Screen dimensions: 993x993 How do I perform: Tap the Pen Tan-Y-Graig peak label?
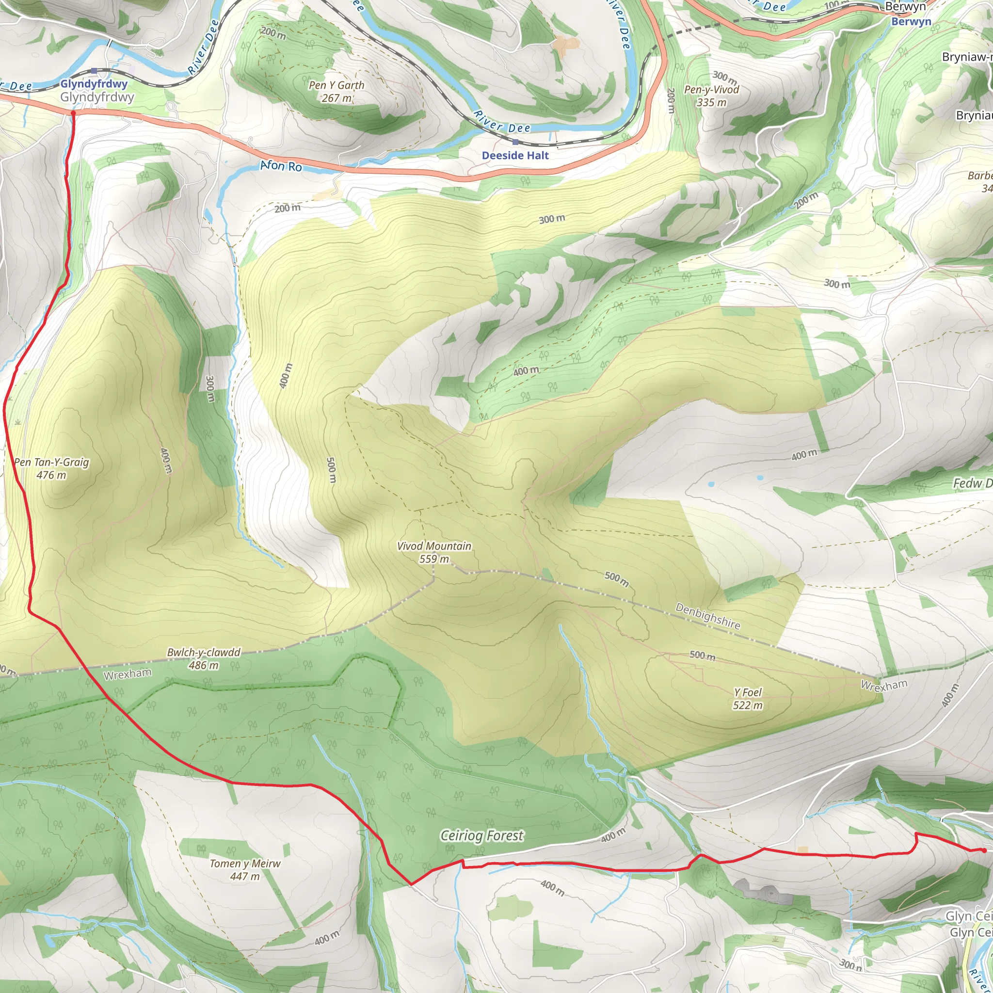(x=51, y=468)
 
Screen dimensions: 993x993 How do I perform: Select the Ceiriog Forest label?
(x=481, y=836)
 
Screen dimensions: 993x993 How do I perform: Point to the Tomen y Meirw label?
(x=245, y=870)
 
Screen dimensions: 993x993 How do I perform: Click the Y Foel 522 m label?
(x=747, y=699)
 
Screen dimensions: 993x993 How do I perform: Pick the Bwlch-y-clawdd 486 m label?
(x=204, y=658)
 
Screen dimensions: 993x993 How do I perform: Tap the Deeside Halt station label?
(x=515, y=155)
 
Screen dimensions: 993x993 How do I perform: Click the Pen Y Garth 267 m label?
(x=336, y=92)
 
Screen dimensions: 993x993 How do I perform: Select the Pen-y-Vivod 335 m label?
(x=711, y=96)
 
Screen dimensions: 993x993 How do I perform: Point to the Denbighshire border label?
(x=708, y=616)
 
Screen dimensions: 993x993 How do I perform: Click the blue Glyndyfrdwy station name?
(x=94, y=84)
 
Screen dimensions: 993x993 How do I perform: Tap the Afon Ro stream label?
(x=281, y=165)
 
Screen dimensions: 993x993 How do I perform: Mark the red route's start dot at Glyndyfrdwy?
(x=73, y=112)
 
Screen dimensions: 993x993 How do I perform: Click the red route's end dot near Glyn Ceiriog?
(x=984, y=850)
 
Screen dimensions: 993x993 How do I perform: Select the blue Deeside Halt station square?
(x=515, y=142)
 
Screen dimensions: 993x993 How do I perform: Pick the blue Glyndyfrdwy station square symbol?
(x=94, y=71)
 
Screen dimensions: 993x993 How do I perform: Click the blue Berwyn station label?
(x=911, y=22)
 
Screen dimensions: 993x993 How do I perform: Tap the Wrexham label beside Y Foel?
(x=884, y=685)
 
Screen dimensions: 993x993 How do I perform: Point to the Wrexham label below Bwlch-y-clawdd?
(x=128, y=674)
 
